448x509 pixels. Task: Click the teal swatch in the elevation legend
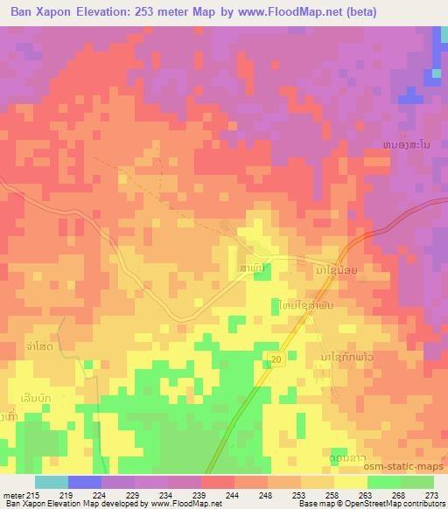coord(52,482)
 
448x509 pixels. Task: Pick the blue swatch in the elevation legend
coord(85,482)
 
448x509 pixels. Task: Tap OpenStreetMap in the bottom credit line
coord(393,505)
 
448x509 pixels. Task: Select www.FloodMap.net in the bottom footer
coord(178,505)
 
